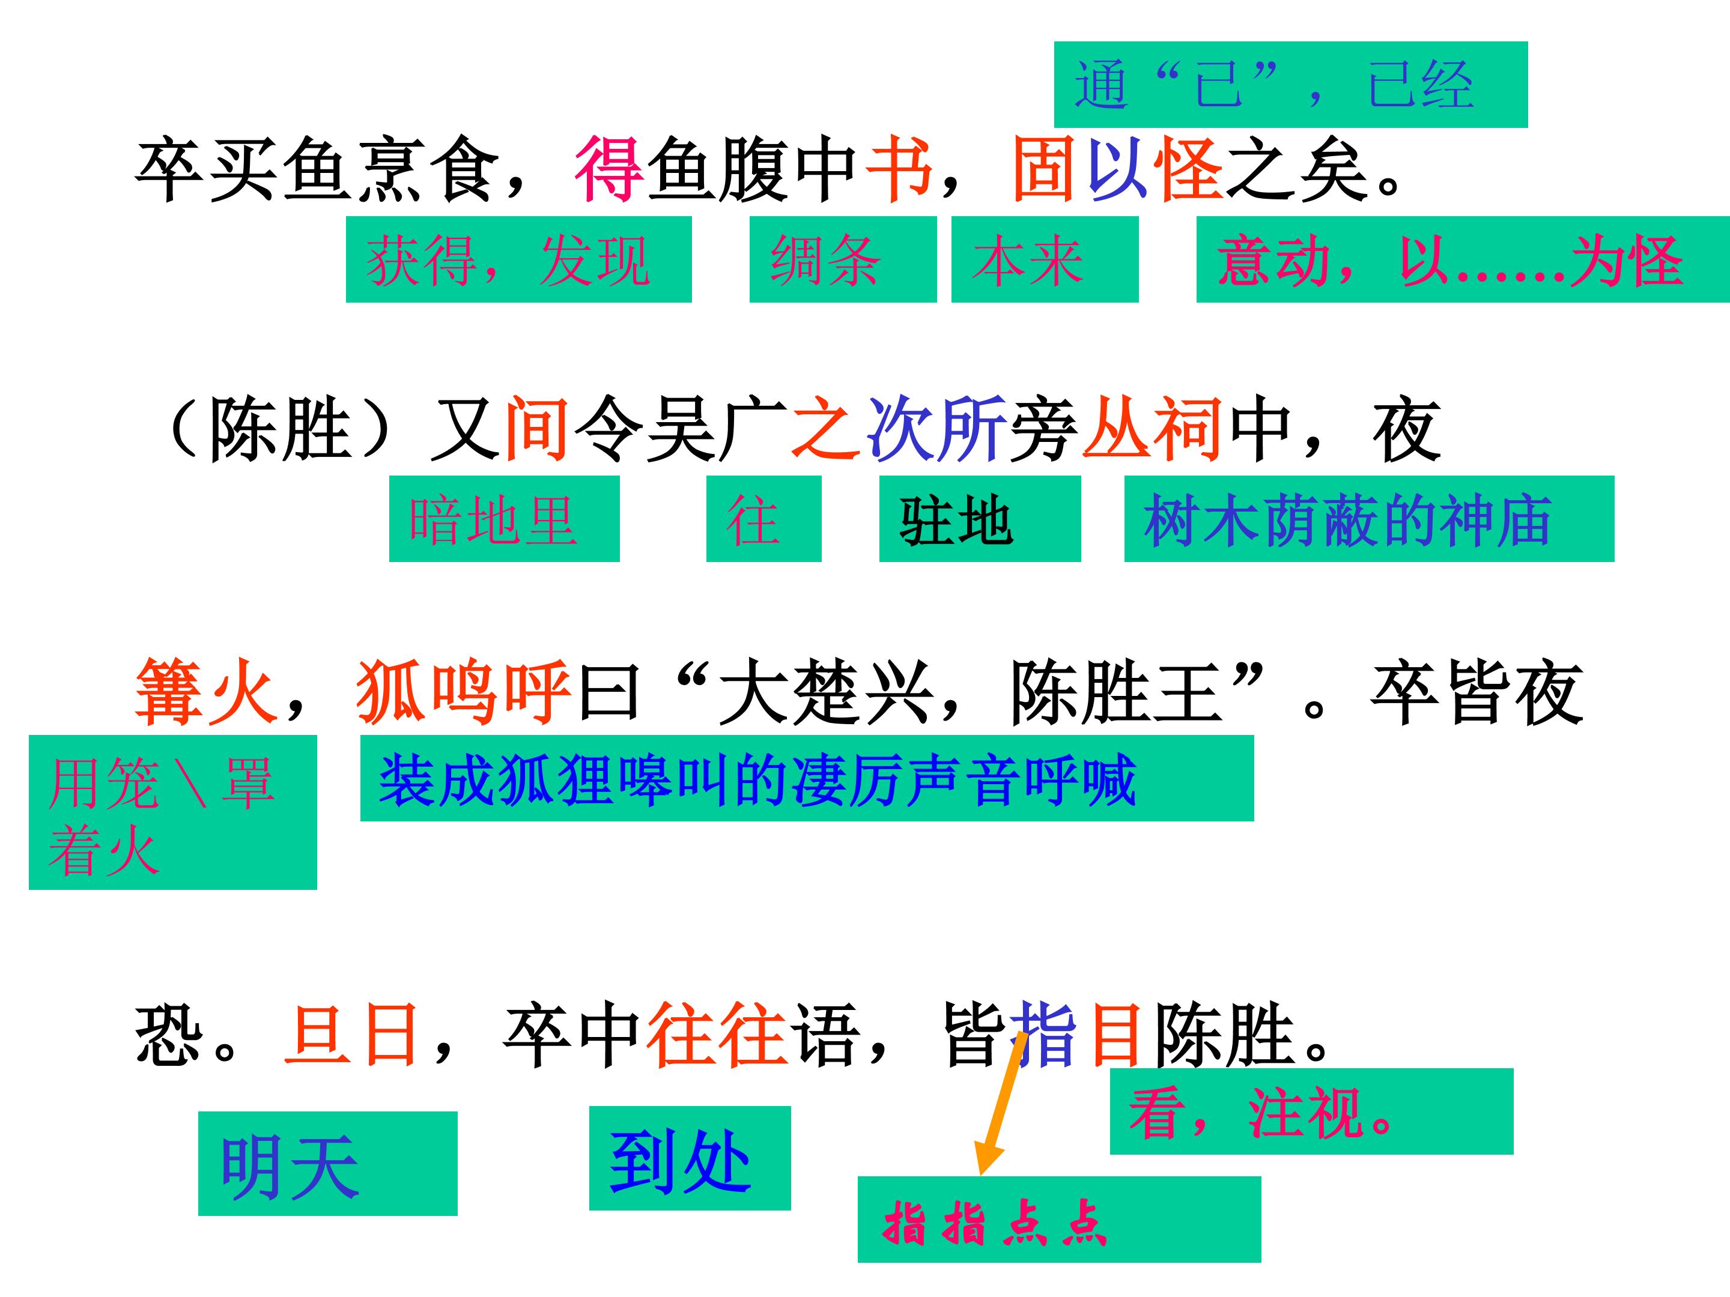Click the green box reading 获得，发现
click(518, 259)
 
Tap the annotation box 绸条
click(843, 259)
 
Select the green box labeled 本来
click(1045, 259)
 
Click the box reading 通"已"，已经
click(1290, 85)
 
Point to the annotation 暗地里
click(505, 518)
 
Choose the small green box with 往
click(764, 518)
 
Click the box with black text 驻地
click(980, 518)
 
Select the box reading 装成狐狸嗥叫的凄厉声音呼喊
click(807, 778)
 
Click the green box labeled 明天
click(328, 1163)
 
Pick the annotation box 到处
click(690, 1158)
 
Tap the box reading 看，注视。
click(1311, 1111)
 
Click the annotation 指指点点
click(1059, 1219)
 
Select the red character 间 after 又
click(536, 428)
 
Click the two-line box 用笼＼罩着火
click(173, 812)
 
